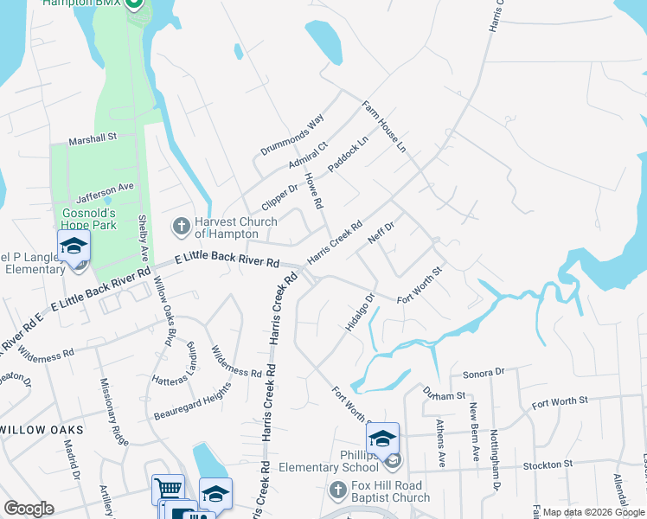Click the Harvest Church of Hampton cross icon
(182, 227)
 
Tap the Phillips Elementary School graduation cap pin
(382, 439)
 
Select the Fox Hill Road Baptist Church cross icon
(339, 491)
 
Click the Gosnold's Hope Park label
(89, 219)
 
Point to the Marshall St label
(93, 138)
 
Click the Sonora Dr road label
(484, 373)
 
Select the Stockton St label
(548, 465)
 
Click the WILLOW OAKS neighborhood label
(42, 430)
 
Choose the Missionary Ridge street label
(114, 412)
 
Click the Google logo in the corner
(29, 509)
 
